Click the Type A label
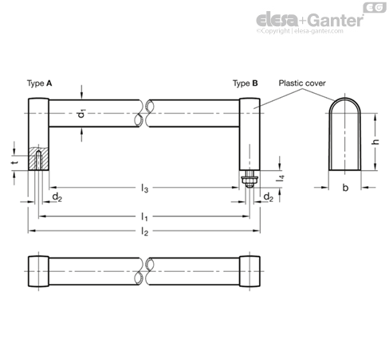pos(39,83)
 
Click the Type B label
pos(246,83)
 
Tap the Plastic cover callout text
pos(302,83)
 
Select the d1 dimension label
pos(82,114)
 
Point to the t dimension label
pos(15,162)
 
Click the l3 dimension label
pos(144,188)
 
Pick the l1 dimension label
pos(144,217)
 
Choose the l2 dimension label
pos(144,231)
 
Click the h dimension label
pos(375,142)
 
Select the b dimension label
pos(345,188)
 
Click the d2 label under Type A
pos(57,197)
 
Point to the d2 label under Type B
pos(269,197)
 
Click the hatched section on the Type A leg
pos(38,158)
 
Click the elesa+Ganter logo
pos(310,20)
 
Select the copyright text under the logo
pos(300,31)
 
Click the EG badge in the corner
pos(375,7)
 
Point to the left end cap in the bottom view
pos(38,271)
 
